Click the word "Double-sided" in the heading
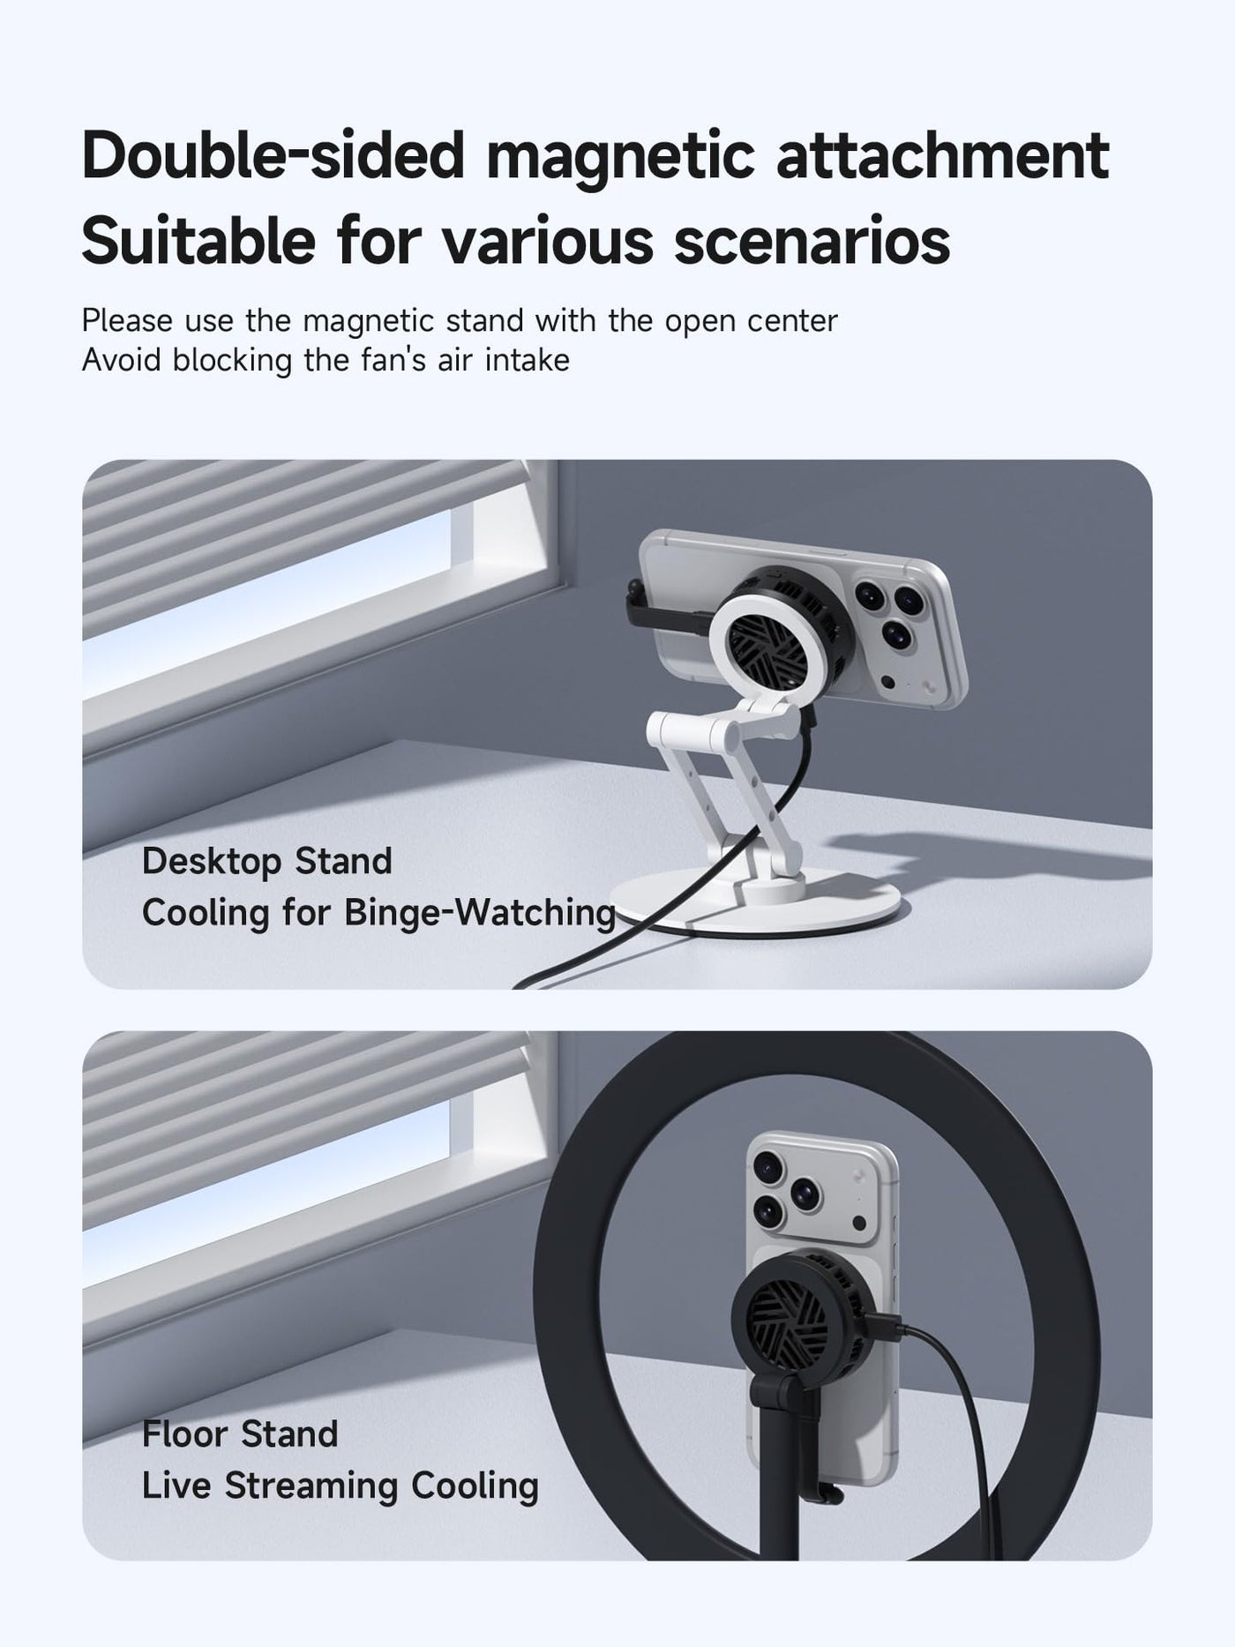(273, 156)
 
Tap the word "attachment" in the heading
(942, 156)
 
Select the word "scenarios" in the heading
(812, 240)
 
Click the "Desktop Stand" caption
(266, 861)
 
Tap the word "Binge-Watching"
(480, 913)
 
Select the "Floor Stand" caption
(240, 1434)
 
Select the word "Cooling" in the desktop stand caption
(206, 913)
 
